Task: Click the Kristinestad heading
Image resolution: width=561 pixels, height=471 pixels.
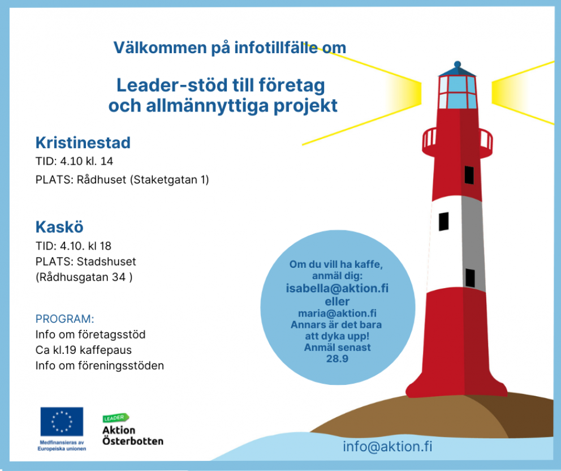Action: tap(83, 143)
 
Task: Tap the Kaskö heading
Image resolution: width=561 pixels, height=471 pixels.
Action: tap(59, 227)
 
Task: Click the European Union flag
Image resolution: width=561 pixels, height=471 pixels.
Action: tap(62, 422)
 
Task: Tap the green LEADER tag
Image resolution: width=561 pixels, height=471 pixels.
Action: tap(115, 418)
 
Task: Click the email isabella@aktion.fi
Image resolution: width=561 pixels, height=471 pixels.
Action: tap(337, 288)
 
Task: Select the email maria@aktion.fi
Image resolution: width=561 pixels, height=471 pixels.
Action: tap(337, 314)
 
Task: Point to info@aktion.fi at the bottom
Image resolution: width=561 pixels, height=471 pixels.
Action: tap(387, 447)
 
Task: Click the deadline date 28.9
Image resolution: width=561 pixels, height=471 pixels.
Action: tap(337, 358)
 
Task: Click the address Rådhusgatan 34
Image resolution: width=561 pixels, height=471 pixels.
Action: tap(84, 277)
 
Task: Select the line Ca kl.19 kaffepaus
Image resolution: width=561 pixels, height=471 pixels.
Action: tap(83, 350)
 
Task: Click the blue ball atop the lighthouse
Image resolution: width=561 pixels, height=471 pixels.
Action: tap(457, 65)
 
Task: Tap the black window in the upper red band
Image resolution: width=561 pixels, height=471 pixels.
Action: tap(469, 175)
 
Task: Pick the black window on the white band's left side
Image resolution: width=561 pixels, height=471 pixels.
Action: tap(443, 221)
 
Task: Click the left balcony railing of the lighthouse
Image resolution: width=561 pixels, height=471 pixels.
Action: tap(429, 140)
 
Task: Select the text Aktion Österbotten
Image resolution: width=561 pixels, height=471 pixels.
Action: tap(133, 435)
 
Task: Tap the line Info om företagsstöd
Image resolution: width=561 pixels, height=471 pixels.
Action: tap(90, 335)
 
